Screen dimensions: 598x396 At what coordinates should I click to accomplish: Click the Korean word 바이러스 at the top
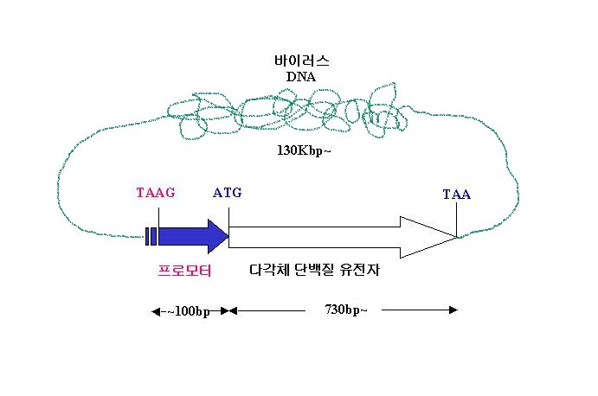(301, 61)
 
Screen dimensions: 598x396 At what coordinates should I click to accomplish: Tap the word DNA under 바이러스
(301, 77)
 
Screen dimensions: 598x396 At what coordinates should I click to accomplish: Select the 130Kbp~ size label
(304, 150)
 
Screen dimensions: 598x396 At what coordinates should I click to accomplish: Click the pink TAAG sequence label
(156, 193)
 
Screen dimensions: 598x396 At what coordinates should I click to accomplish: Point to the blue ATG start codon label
(228, 193)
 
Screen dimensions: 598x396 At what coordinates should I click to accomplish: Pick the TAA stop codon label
(457, 195)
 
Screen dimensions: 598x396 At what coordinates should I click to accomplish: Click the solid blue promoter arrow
(193, 236)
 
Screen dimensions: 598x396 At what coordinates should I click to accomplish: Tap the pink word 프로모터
(184, 271)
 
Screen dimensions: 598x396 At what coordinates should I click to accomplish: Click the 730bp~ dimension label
(346, 310)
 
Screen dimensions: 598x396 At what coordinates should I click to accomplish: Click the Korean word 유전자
(360, 270)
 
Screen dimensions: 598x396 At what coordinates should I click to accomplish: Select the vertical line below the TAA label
(457, 220)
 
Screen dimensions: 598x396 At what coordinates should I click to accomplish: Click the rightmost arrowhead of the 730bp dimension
(453, 310)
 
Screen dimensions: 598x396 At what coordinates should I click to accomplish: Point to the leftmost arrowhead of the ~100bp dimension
(156, 312)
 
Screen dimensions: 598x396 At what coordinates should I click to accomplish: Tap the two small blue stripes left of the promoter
(151, 236)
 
